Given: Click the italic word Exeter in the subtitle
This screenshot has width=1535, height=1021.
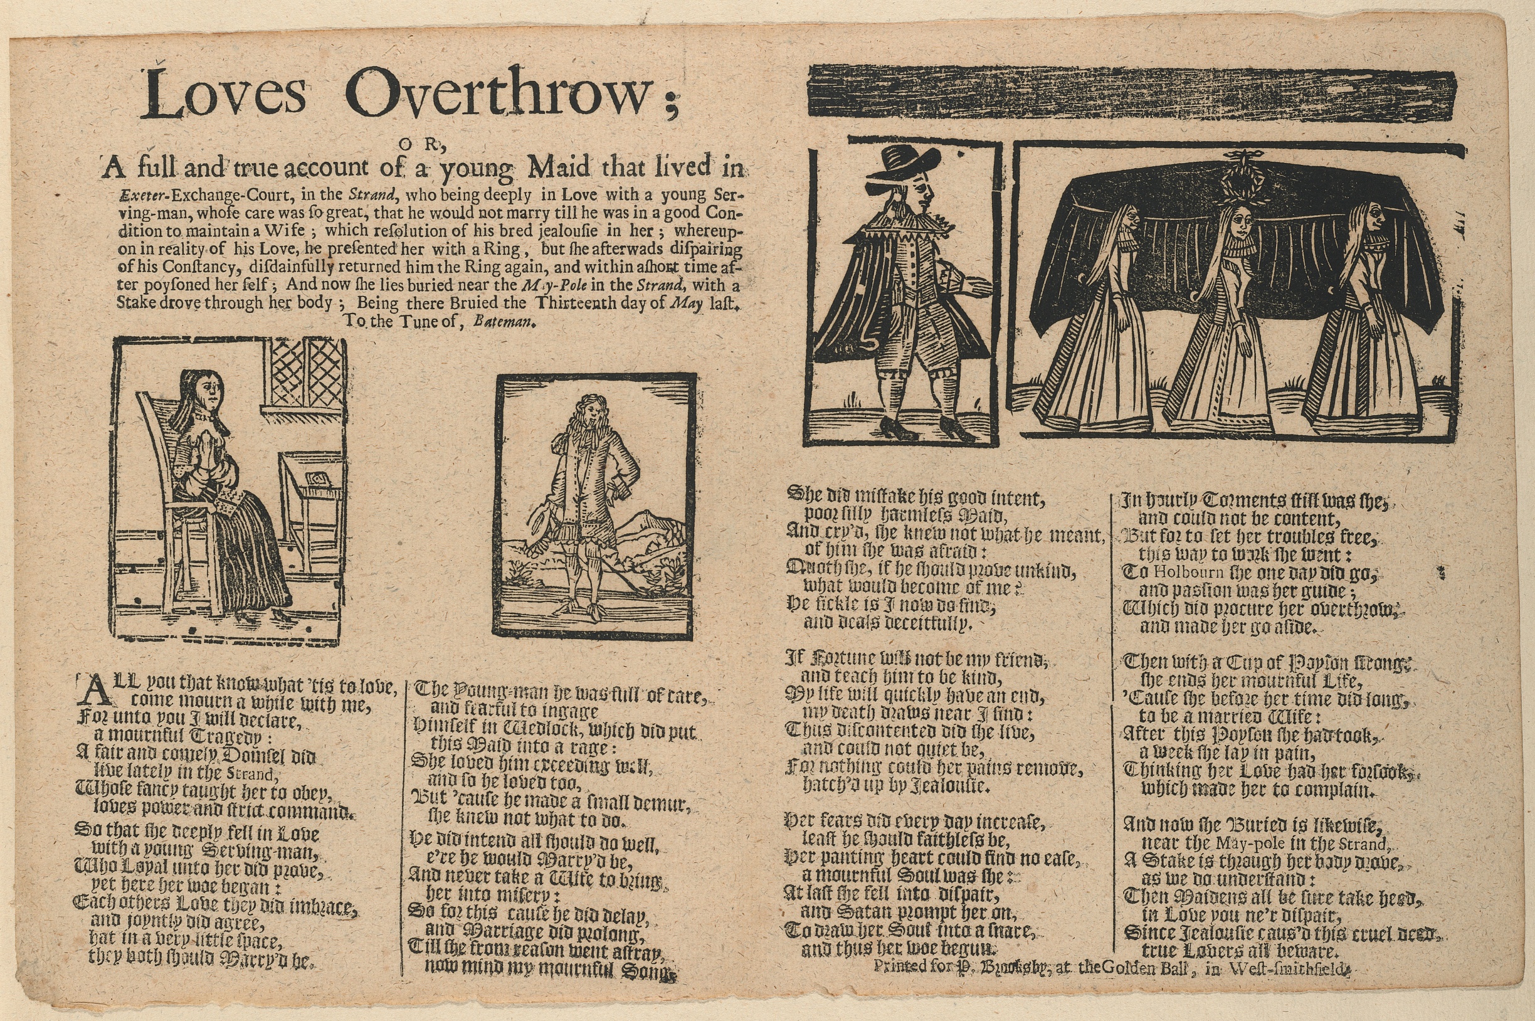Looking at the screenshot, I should [139, 195].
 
